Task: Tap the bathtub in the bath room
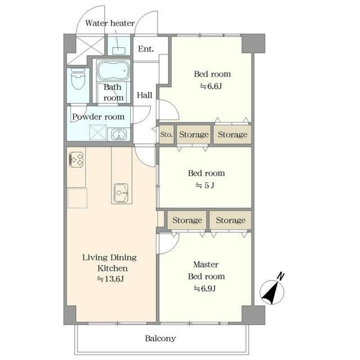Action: pos(113,70)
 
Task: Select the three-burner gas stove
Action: pos(76,160)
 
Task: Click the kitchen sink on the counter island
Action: pos(121,193)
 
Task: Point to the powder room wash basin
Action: pos(119,134)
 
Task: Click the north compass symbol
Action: pos(272,290)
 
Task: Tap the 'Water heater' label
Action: pos(110,23)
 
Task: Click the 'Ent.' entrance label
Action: pos(146,49)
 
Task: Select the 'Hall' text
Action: pos(145,95)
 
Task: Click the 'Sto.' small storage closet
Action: pos(166,134)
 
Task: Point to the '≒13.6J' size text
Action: pos(110,279)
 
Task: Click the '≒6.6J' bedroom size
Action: pos(211,86)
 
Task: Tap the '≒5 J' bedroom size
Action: pos(205,185)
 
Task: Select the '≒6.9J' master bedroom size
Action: pos(205,289)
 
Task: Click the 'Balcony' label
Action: pos(160,339)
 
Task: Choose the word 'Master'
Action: pos(206,264)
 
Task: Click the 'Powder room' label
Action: pos(98,116)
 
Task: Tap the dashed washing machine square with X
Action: pos(98,132)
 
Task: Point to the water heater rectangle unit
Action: pos(119,51)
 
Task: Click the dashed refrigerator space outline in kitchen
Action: pos(78,198)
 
